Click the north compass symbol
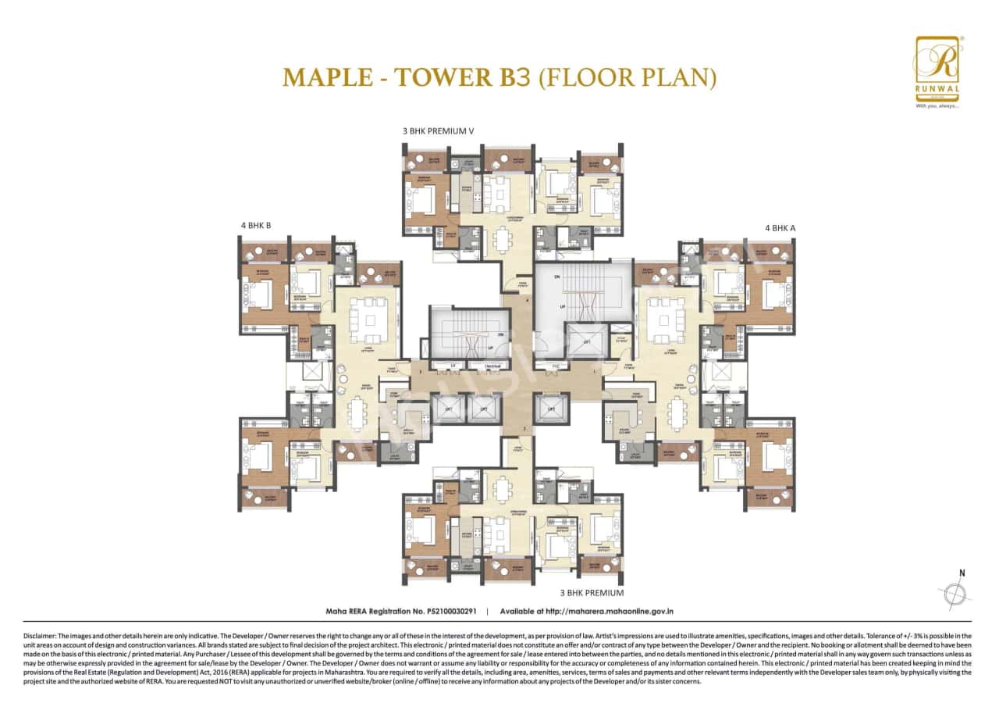(955, 595)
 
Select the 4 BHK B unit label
(256, 226)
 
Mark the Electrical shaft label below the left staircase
(492, 365)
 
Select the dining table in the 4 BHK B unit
(357, 412)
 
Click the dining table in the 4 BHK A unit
(675, 412)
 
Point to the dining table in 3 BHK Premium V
(499, 238)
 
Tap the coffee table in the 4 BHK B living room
(364, 315)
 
